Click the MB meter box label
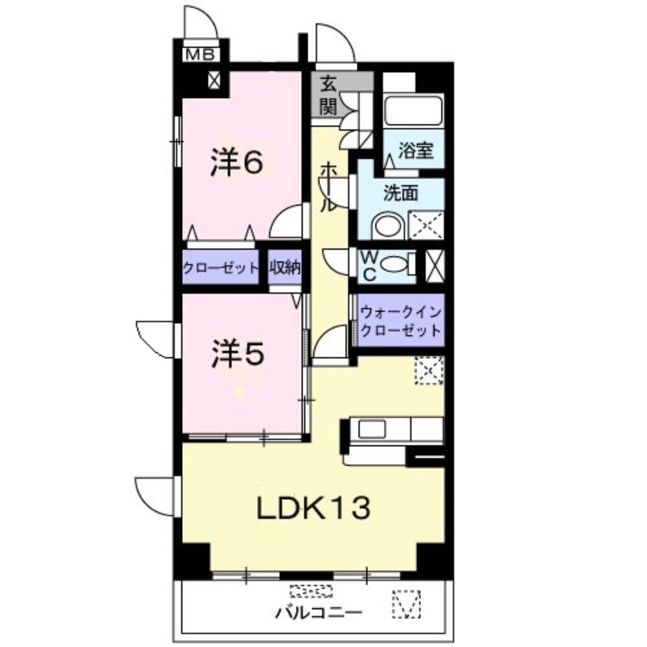pos(200,54)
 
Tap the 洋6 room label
pos(236,162)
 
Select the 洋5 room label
pos(237,354)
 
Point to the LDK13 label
pos(314,508)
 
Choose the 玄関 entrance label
pos(329,95)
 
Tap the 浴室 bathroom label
pos(415,151)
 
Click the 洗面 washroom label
pos(401,193)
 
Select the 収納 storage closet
pos(285,268)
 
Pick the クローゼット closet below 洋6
pos(221,268)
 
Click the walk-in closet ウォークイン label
pos(400,313)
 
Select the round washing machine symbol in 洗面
pos(388,225)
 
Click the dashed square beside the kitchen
pos(429,371)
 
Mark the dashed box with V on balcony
pos(406,604)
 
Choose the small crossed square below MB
pos(214,80)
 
